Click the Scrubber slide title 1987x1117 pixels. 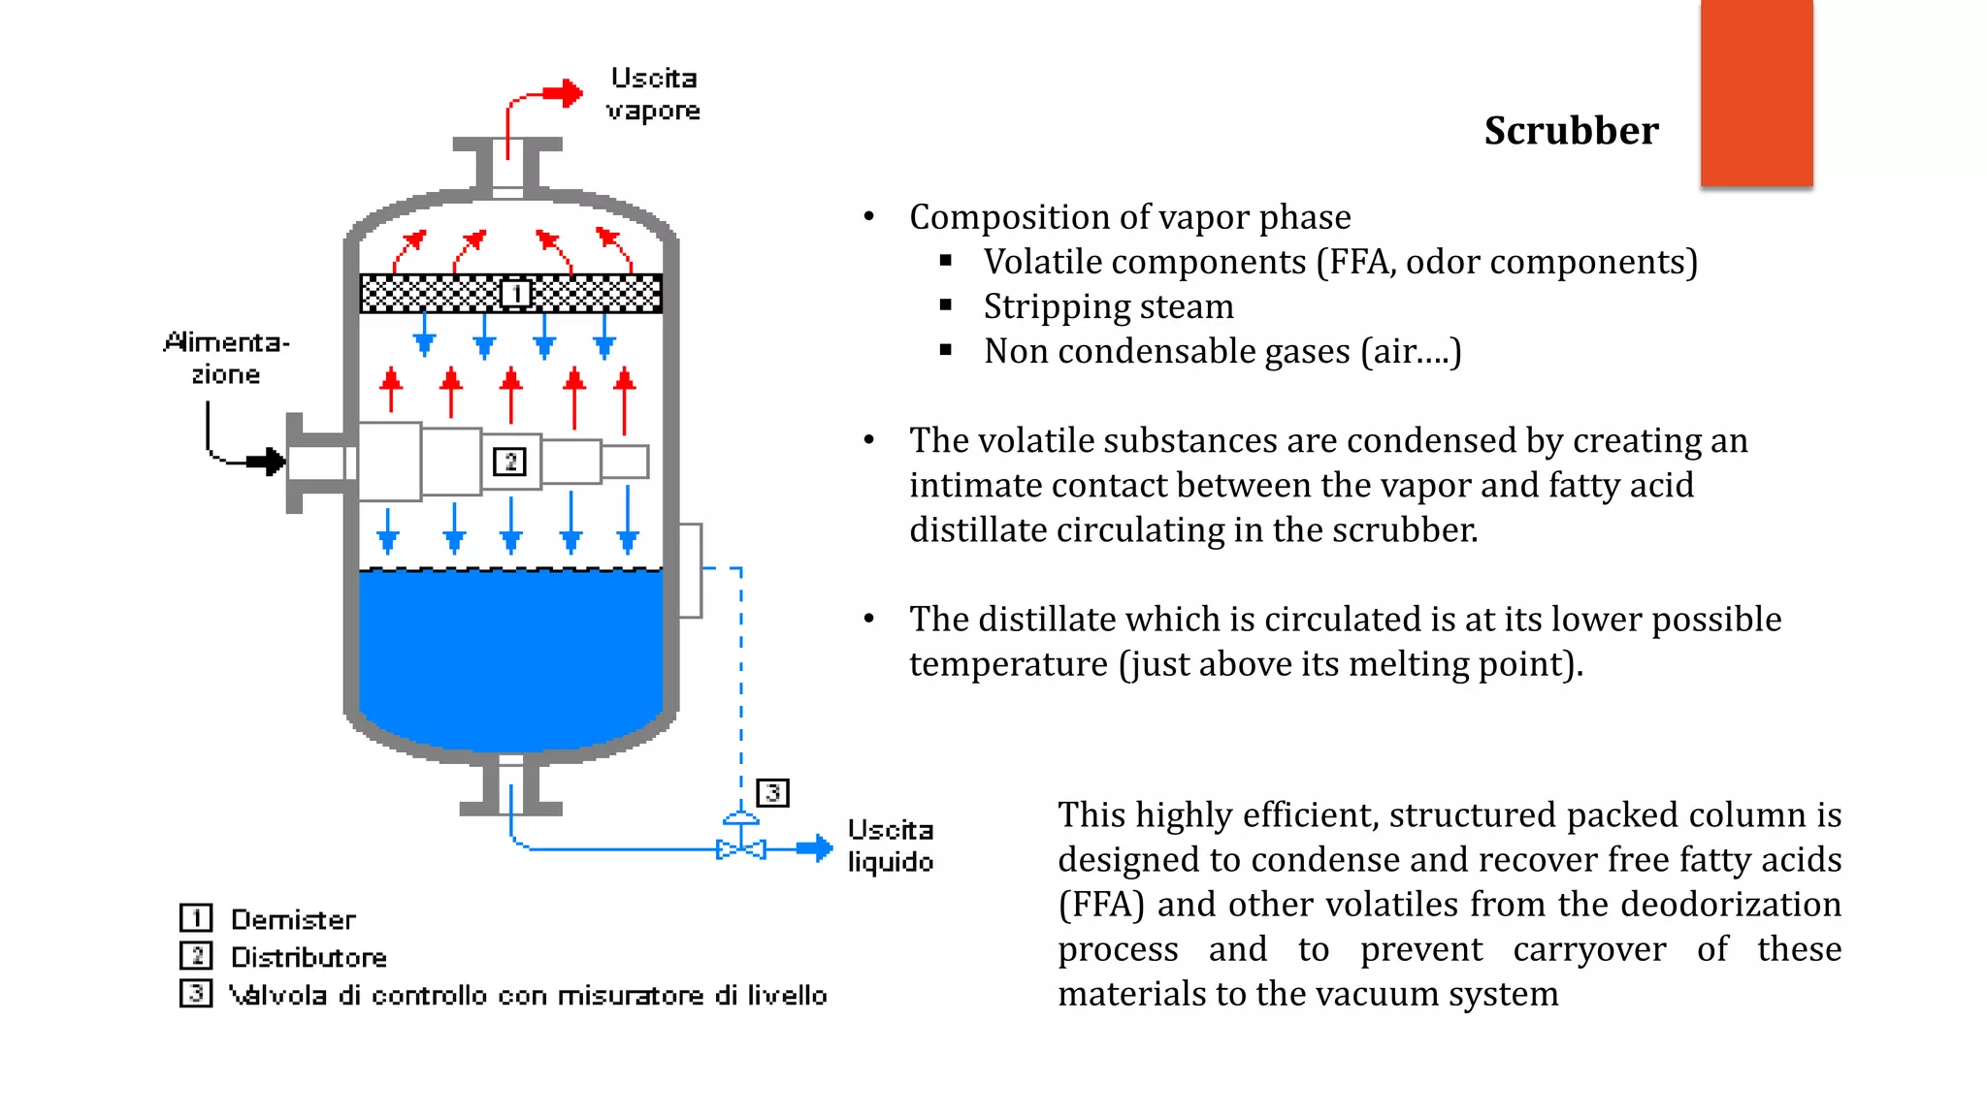click(x=1571, y=131)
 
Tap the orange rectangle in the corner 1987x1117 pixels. click(x=1756, y=92)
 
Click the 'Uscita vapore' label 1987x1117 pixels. click(x=653, y=94)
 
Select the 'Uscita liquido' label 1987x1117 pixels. click(x=890, y=846)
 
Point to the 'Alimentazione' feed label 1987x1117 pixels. click(x=226, y=358)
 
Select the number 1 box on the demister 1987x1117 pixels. click(x=515, y=293)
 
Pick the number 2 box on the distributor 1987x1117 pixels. click(x=509, y=462)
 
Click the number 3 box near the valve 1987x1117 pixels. click(x=772, y=793)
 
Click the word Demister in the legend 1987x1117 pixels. click(x=293, y=919)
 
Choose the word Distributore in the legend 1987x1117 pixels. click(x=309, y=957)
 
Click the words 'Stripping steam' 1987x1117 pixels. click(x=1108, y=306)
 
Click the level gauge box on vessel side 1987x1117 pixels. click(x=690, y=570)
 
